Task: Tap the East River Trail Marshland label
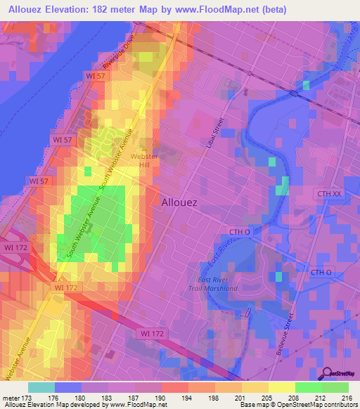(x=217, y=284)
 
